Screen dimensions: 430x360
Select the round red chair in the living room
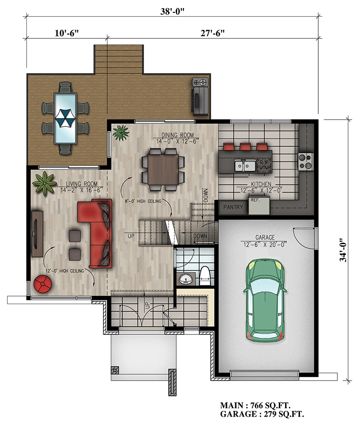point(43,286)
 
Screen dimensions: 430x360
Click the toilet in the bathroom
point(204,275)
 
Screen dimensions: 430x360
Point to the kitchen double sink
point(244,166)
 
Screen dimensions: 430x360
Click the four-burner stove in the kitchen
point(305,161)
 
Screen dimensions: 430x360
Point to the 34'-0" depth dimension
point(342,250)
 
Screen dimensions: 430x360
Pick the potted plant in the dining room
point(120,132)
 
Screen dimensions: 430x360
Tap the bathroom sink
point(186,278)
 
